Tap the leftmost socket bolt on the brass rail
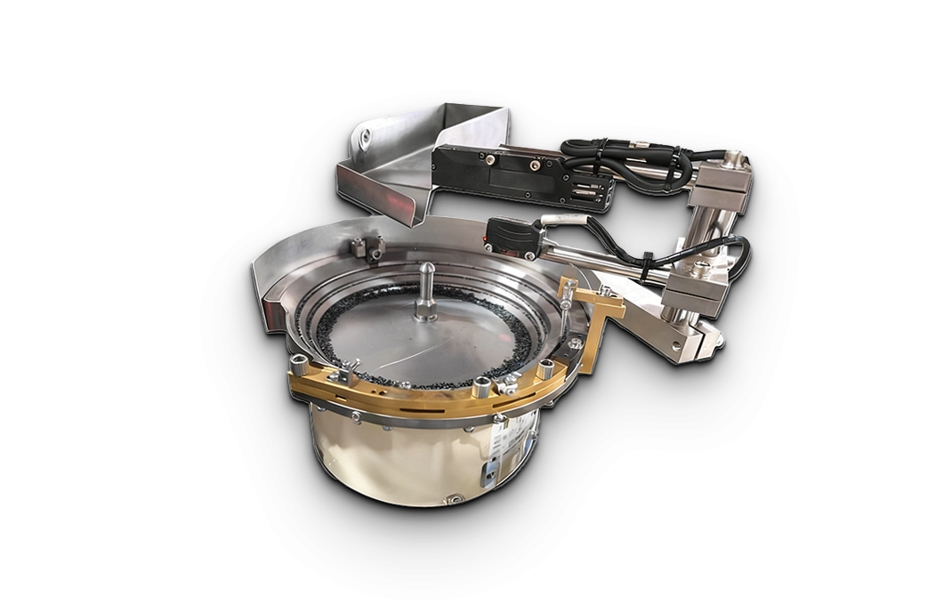tap(297, 365)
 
